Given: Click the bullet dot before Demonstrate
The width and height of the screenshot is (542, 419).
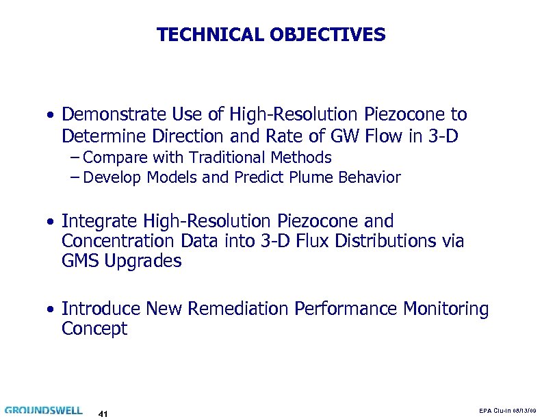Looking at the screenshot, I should point(51,115).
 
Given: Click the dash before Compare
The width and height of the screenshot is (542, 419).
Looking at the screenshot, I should point(75,157).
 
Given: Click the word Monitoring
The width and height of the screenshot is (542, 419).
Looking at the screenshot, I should point(446,309).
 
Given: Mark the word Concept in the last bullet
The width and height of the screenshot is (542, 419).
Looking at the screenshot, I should point(94,329).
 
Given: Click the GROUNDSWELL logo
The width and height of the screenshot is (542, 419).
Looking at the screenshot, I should point(43,410).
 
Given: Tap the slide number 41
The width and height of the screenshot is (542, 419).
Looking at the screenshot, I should point(104,413).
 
